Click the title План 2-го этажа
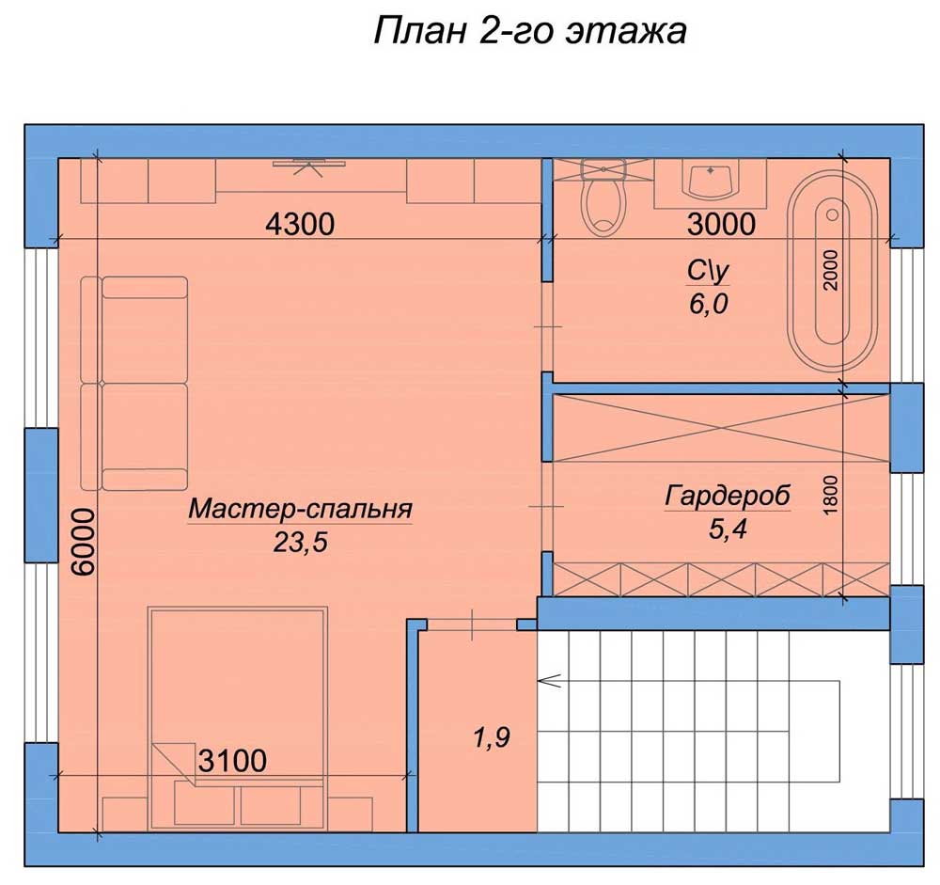pos(530,31)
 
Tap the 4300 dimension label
pos(300,225)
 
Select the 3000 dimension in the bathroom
pos(721,225)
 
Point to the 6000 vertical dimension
pos(84,543)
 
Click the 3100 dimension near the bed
pos(232,761)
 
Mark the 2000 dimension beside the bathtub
pos(830,270)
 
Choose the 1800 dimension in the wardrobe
pos(830,495)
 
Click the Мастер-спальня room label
pos(301,509)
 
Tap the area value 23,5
pos(301,543)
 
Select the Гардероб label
pos(728,497)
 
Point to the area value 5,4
pos(728,529)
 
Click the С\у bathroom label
pos(708,271)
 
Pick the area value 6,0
pos(708,304)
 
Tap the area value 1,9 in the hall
pos(492,737)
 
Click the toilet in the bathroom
pos(603,198)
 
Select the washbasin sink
pos(711,179)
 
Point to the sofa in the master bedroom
pos(134,384)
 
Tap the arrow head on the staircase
pos(549,680)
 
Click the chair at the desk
pos(309,166)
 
